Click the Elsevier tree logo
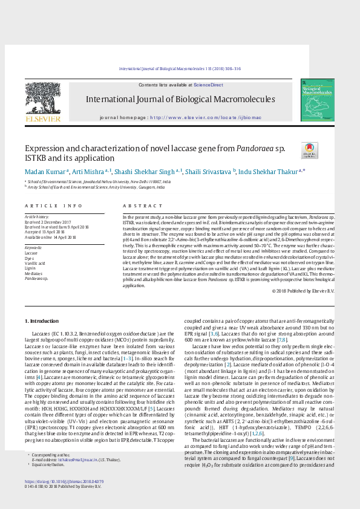[42, 100]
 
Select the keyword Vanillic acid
[34, 264]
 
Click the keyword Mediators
[33, 274]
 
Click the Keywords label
[33, 248]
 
